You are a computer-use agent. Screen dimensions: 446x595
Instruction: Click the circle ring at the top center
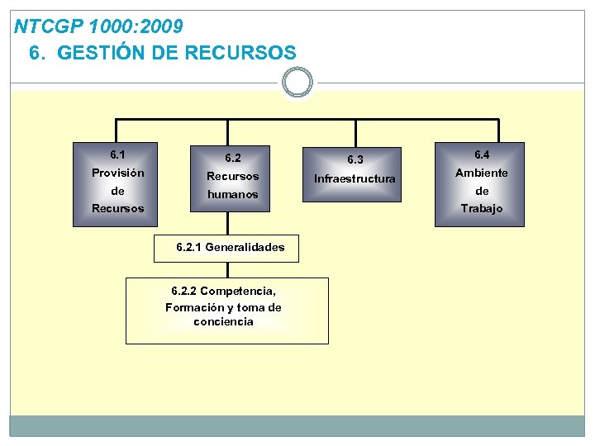pyautogui.click(x=297, y=83)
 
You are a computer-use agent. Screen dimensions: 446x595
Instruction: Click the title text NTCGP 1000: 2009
pyautogui.click(x=99, y=26)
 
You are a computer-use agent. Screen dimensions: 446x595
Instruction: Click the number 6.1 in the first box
pyautogui.click(x=117, y=154)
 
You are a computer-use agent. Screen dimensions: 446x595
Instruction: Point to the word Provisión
pyautogui.click(x=117, y=173)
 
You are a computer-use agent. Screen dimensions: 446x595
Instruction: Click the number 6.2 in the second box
pyautogui.click(x=232, y=158)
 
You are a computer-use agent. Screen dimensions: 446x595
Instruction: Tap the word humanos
pyautogui.click(x=232, y=194)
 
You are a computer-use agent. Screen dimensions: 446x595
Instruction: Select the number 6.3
pyautogui.click(x=355, y=159)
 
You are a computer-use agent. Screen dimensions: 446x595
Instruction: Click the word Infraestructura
pyautogui.click(x=355, y=178)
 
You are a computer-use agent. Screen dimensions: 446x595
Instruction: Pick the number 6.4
pyautogui.click(x=481, y=154)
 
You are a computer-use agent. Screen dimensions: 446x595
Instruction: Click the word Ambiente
pyautogui.click(x=481, y=173)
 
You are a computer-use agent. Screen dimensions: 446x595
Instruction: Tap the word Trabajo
pyautogui.click(x=481, y=208)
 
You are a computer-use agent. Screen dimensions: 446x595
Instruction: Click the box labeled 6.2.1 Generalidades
pyautogui.click(x=226, y=247)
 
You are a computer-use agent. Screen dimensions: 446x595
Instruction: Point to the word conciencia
pyautogui.click(x=223, y=321)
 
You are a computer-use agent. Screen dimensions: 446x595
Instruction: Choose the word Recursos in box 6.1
pyautogui.click(x=117, y=208)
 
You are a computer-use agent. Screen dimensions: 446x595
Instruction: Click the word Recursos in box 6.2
pyautogui.click(x=232, y=176)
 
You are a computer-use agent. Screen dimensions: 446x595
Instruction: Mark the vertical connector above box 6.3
pyautogui.click(x=355, y=134)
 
